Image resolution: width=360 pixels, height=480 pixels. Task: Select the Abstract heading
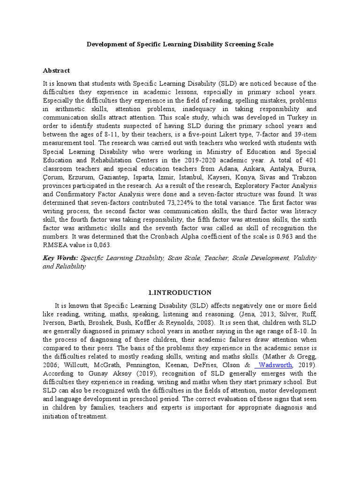coord(56,70)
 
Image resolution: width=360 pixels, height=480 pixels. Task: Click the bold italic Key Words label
coord(60,258)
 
